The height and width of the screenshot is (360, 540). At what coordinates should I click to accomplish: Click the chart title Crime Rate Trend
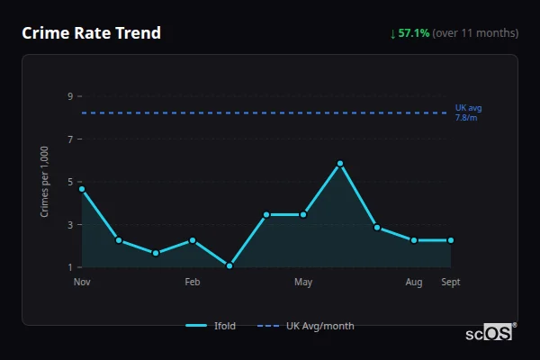click(x=91, y=33)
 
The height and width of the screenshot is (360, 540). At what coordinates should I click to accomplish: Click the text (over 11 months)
click(x=475, y=33)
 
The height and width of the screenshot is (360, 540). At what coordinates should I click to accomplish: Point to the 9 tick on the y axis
click(x=69, y=96)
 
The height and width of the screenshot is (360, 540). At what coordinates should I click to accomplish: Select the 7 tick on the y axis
click(x=69, y=139)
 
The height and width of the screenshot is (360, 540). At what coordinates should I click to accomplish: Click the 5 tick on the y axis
click(x=69, y=182)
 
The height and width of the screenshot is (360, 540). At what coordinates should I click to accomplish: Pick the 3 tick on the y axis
click(x=69, y=224)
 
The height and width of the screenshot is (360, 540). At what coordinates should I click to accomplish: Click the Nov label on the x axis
click(x=82, y=283)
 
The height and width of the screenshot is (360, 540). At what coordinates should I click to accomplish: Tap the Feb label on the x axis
click(x=193, y=283)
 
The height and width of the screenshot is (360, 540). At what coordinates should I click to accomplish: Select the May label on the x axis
click(x=303, y=283)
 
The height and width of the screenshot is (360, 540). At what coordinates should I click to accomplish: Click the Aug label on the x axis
click(x=414, y=283)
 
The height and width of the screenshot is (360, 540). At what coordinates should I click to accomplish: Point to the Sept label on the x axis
click(x=451, y=283)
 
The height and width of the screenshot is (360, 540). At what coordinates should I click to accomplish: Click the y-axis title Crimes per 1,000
click(x=44, y=182)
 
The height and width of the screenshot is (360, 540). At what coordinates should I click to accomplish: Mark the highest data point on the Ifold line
click(x=340, y=164)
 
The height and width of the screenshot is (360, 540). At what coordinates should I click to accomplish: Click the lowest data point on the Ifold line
click(x=229, y=265)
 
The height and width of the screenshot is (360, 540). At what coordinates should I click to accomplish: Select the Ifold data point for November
click(x=82, y=189)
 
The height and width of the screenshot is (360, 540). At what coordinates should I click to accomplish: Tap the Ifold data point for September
click(x=451, y=240)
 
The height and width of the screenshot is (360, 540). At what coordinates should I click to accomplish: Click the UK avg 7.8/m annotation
click(x=468, y=112)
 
